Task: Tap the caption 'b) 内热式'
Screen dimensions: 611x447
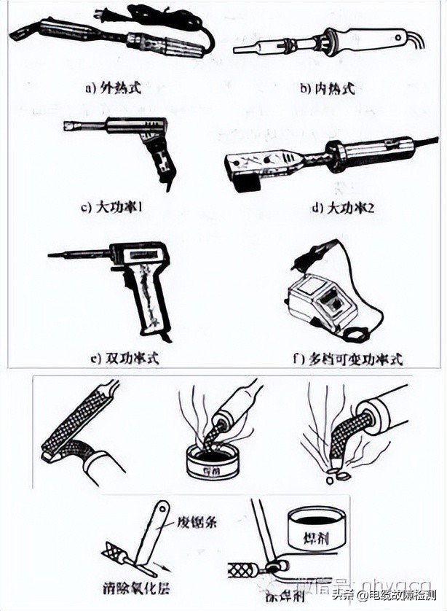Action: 327,88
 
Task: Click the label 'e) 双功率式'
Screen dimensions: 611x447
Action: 124,358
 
